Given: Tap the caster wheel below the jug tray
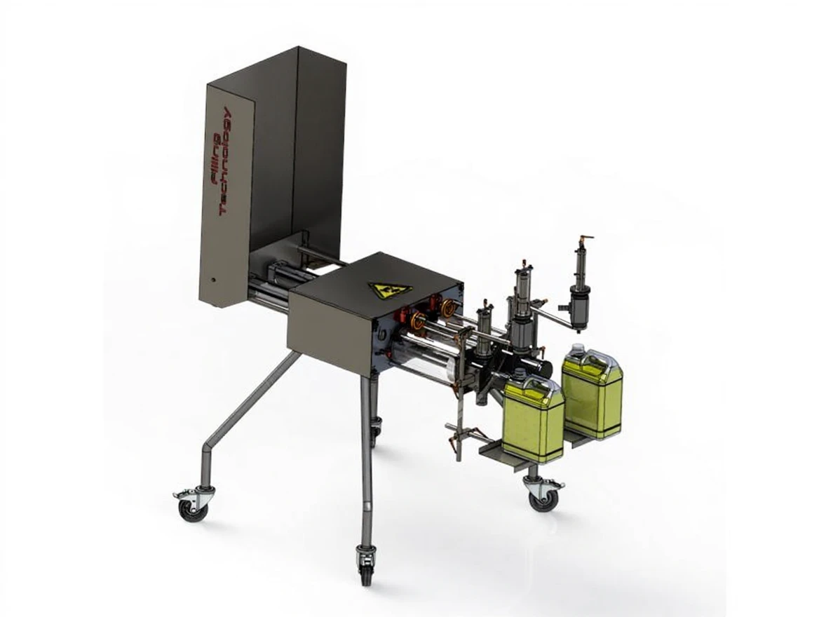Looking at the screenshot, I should (543, 496).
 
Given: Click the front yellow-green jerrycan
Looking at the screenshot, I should (534, 421).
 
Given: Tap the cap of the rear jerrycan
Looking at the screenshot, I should (576, 348).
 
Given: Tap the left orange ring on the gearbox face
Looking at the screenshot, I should (419, 321).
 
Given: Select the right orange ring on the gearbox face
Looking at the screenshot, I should (447, 306).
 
